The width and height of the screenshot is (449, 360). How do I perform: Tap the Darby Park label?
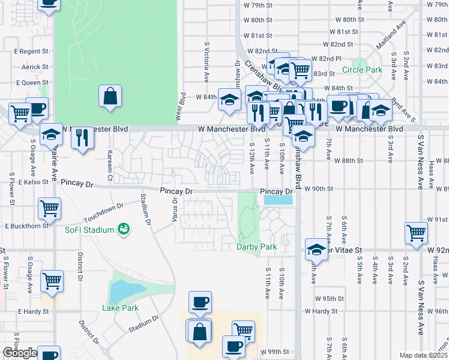click(x=256, y=247)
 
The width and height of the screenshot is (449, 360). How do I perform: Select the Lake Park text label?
click(x=120, y=308)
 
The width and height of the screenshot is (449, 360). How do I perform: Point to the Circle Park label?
click(x=362, y=70)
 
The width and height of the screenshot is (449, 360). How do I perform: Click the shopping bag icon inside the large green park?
click(x=110, y=97)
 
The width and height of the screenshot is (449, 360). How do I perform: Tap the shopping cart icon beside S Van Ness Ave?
click(x=416, y=233)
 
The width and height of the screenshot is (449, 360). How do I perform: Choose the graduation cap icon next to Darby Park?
click(x=316, y=248)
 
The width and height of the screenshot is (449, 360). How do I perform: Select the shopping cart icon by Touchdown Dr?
click(x=50, y=209)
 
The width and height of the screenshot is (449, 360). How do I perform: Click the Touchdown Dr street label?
click(x=103, y=209)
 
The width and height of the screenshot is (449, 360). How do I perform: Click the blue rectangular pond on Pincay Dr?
click(x=279, y=200)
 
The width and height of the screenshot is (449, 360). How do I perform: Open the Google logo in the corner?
click(x=20, y=353)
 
